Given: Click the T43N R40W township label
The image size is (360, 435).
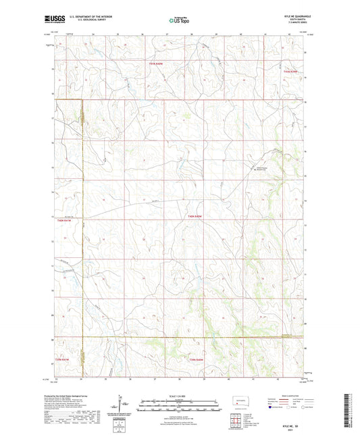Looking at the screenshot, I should point(157,62).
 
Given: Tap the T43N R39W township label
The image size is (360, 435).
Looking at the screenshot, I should point(291,70).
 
